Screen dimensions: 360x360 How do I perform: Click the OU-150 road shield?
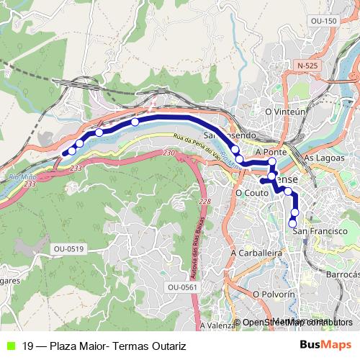pyautogui.click(x=323, y=22)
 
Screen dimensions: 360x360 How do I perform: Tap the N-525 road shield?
pyautogui.click(x=307, y=66)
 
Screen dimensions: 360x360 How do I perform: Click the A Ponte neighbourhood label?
pyautogui.click(x=271, y=153)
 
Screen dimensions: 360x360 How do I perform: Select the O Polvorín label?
pyautogui.click(x=274, y=294)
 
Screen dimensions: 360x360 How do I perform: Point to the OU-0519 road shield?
pyautogui.click(x=69, y=248)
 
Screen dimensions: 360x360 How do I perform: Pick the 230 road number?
pyautogui.click(x=169, y=153)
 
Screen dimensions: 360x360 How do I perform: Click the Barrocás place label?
pyautogui.click(x=341, y=274)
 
